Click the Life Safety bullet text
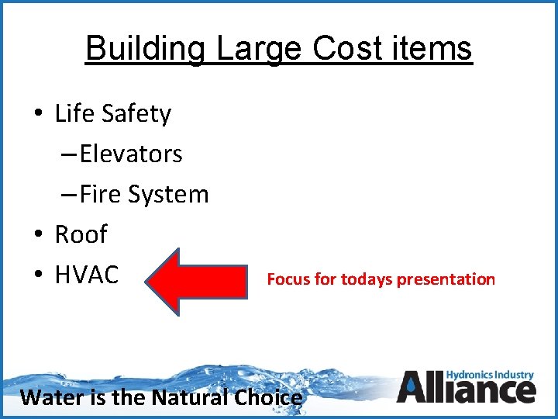[x=112, y=114]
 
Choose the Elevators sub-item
[x=130, y=154]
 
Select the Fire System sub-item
[x=143, y=194]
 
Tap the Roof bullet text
[x=81, y=234]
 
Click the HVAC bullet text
[x=87, y=275]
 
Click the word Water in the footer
[x=48, y=397]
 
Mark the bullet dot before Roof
[x=38, y=235]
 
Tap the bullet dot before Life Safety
[x=38, y=115]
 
